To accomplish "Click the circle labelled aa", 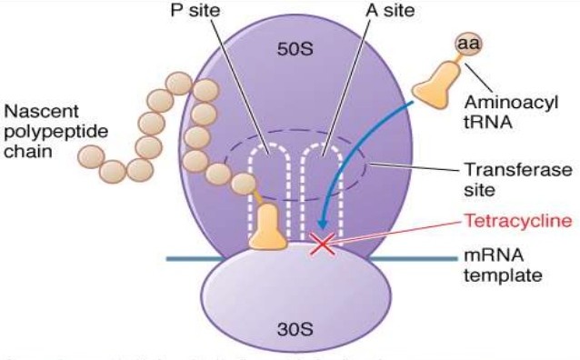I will [469, 45].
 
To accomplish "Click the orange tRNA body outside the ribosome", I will [435, 83].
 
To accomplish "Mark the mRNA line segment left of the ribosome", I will [191, 259].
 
